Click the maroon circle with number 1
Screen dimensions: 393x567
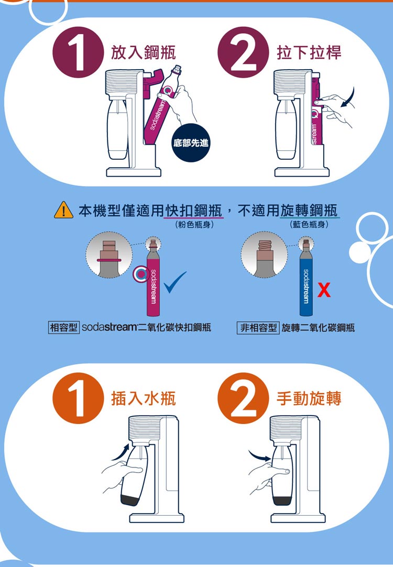point(78,52)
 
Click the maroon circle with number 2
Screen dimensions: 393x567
point(243,52)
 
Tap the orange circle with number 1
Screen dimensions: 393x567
point(78,398)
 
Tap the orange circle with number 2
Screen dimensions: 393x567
point(243,398)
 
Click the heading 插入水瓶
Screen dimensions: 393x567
point(144,398)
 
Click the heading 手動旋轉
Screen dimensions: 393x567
point(309,398)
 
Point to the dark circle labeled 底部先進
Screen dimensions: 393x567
point(191,143)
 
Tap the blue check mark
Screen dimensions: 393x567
point(175,282)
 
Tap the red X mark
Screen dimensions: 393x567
point(324,290)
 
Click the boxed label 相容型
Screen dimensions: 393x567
point(63,328)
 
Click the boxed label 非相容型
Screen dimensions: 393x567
point(258,328)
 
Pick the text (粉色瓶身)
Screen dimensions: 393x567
point(194,225)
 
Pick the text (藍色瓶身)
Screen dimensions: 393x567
point(309,225)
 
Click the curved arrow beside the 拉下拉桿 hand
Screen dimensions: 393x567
point(348,99)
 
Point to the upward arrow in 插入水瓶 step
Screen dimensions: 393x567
point(121,452)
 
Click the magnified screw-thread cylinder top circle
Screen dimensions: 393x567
point(265,255)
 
